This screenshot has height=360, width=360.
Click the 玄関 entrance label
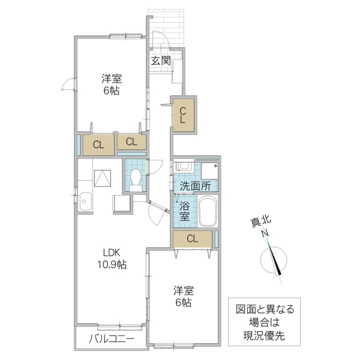tap(160, 60)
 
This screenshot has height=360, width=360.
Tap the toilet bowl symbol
tap(136, 179)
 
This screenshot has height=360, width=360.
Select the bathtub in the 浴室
tap(208, 211)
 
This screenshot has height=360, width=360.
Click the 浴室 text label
tap(183, 211)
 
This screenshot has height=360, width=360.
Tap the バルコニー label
tap(111, 338)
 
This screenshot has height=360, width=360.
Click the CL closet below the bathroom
tap(192, 239)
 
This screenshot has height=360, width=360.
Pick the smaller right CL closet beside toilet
tap(131, 142)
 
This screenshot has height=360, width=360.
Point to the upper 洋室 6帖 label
tap(110, 84)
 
